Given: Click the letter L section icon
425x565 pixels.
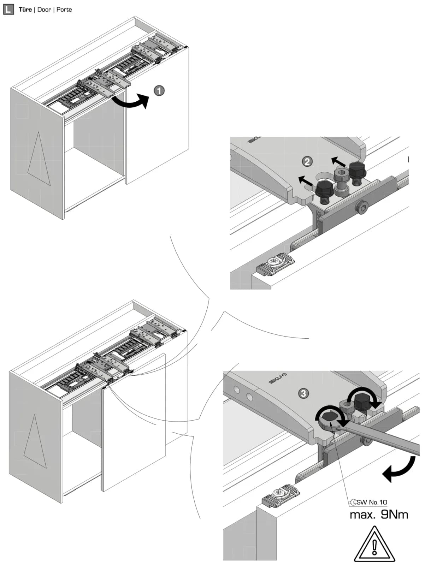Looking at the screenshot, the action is pos(8,10).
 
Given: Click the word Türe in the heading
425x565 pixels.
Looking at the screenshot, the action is pos(25,10).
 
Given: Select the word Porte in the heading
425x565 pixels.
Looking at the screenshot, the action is pos(64,10).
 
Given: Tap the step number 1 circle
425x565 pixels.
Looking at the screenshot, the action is pos(159,91).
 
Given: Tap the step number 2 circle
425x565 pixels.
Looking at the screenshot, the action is pos(307,162).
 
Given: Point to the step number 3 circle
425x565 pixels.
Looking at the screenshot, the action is pos(303,393).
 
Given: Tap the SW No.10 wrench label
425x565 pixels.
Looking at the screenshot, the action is pos(368,502).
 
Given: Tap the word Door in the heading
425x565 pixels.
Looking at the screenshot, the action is pos(44,10).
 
